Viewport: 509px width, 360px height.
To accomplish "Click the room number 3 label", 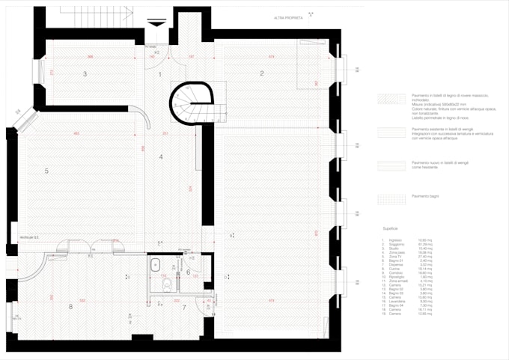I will point(85,73).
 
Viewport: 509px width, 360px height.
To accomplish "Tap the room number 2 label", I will point(262,73).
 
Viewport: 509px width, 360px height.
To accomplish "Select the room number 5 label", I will point(46,171).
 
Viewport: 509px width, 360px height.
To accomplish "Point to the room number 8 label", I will point(70,306).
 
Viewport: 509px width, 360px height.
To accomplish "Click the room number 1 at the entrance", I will point(159,73).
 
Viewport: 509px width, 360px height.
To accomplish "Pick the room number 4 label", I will point(160,156).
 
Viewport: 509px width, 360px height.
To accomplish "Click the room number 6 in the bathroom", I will point(188,272).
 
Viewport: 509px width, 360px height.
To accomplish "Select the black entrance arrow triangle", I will point(156,25).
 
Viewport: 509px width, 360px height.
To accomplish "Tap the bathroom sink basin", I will point(158,264).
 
